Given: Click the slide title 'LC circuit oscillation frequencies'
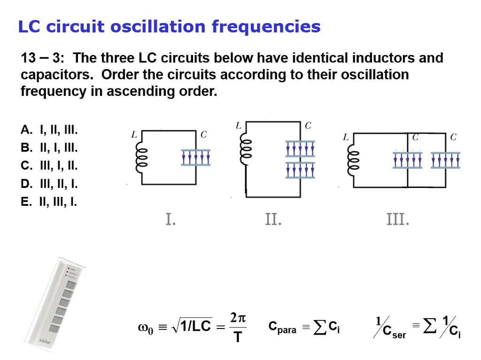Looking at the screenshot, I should (x=169, y=26).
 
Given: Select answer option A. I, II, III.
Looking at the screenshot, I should (x=49, y=130).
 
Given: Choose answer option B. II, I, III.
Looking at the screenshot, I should (x=49, y=148).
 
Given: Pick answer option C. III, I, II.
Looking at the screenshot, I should (x=49, y=166).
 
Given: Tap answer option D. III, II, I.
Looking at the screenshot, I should (x=49, y=184).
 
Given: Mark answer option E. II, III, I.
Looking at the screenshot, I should (x=49, y=202).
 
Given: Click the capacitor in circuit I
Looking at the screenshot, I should (x=196, y=157).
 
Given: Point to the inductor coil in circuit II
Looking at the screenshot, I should (x=245, y=149).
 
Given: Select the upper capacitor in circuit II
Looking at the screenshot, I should (x=300, y=149).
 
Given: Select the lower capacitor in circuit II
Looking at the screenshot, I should (x=300, y=170).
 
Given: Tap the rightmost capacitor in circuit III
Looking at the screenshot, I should (x=445, y=160).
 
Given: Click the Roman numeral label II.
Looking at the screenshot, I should (x=273, y=219).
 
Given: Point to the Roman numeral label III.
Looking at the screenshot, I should (x=397, y=219).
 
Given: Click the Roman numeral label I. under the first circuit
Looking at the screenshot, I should (x=171, y=219).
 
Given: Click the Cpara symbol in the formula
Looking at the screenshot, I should (x=282, y=328).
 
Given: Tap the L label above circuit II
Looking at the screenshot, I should (x=239, y=125).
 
